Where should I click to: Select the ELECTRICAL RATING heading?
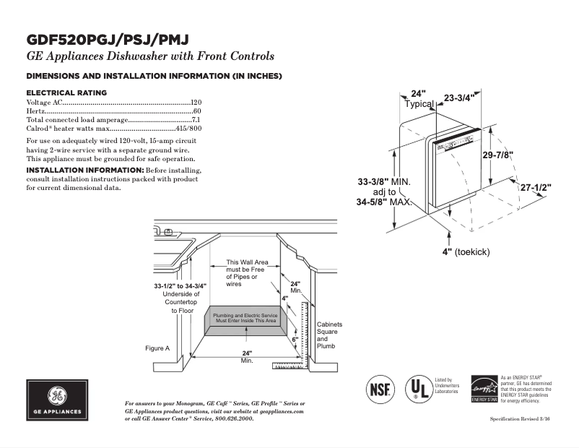(66, 92)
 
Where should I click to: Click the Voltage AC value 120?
(196, 103)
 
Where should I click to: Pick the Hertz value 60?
(197, 111)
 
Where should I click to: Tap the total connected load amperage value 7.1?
(196, 120)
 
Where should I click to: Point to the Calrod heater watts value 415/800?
(188, 129)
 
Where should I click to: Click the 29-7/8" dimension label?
(498, 155)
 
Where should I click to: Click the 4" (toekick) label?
(466, 251)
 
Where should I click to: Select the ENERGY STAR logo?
(484, 389)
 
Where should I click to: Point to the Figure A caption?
(157, 348)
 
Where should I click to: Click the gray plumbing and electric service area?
(245, 318)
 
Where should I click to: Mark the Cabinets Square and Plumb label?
(329, 336)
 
